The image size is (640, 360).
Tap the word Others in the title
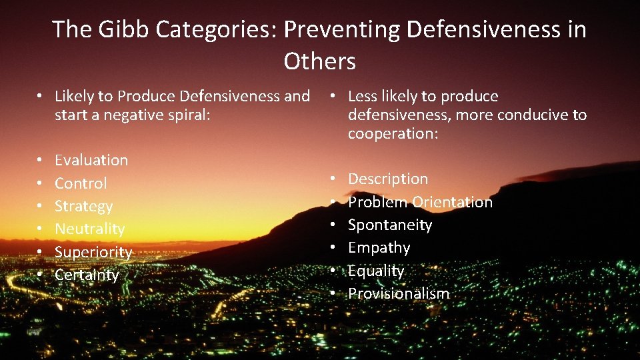click(x=319, y=61)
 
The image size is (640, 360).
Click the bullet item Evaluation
click(x=91, y=160)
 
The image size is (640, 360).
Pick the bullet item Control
click(x=81, y=183)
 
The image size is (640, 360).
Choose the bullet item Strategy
click(x=83, y=206)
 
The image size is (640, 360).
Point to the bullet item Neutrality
click(x=90, y=229)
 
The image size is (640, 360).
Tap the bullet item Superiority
click(x=93, y=252)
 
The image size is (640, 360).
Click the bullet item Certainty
click(x=87, y=275)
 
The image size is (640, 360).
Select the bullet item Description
click(x=388, y=179)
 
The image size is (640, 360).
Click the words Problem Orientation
click(x=420, y=202)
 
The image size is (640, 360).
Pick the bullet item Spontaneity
click(x=390, y=225)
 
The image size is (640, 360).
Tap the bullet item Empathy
click(x=379, y=247)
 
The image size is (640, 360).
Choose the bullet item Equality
click(x=376, y=271)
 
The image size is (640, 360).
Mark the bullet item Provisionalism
click(x=399, y=293)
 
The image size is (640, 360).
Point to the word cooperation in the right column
click(x=391, y=133)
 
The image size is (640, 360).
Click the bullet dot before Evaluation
click(x=41, y=161)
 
